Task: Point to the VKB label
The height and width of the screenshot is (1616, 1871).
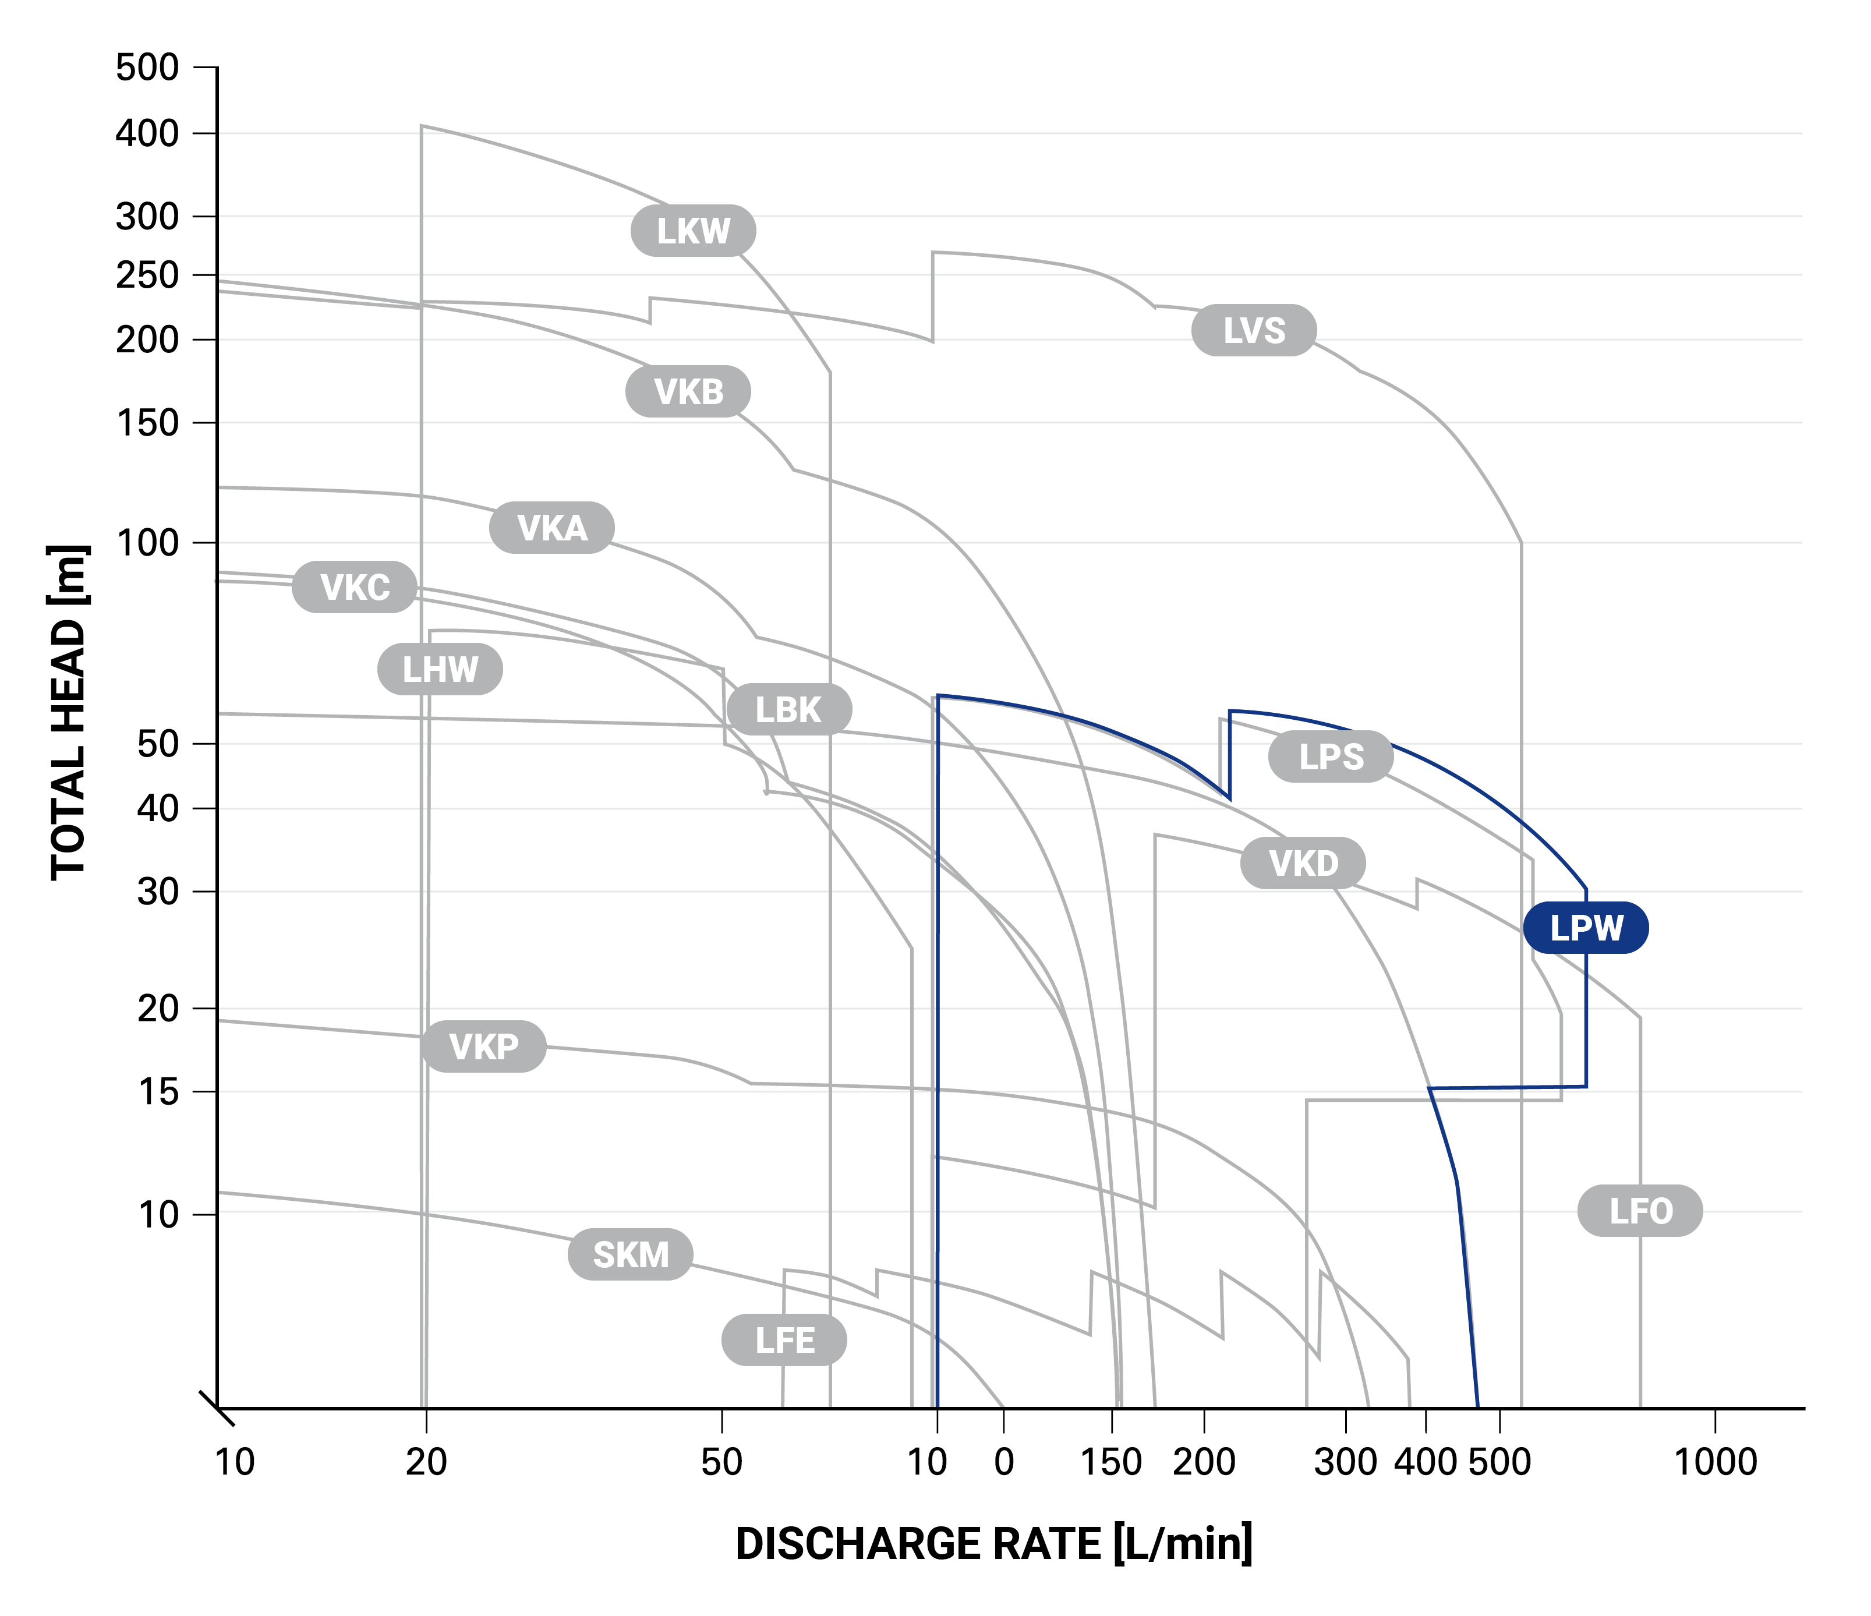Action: (688, 392)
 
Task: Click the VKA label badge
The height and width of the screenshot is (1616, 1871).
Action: (551, 527)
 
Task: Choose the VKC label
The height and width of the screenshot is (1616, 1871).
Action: (355, 587)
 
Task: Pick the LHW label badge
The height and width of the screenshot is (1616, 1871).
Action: (440, 669)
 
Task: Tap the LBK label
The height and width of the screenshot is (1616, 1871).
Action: (788, 710)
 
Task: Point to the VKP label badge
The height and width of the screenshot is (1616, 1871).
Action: (484, 1046)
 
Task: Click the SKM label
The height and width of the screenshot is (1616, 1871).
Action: (630, 1254)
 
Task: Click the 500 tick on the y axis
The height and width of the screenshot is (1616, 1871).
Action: (147, 68)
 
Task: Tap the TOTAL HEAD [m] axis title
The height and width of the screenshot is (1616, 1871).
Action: (69, 712)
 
